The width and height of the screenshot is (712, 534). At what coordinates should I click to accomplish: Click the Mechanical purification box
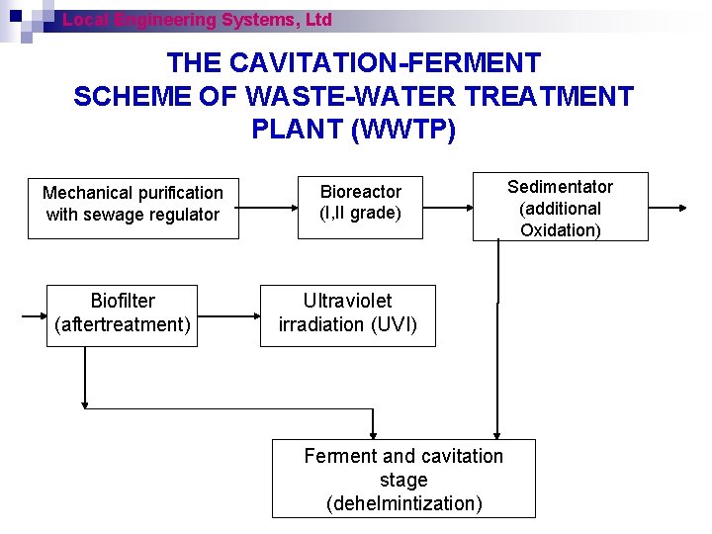tap(133, 204)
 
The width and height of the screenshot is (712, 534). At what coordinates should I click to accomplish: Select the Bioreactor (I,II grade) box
tap(360, 203)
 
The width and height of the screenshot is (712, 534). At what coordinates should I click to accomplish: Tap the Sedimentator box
tap(560, 208)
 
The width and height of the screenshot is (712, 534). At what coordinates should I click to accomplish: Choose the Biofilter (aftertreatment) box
tap(123, 312)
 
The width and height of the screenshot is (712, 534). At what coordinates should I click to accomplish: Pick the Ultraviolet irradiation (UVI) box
tap(347, 312)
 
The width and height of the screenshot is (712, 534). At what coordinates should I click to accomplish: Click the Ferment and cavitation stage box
tap(403, 480)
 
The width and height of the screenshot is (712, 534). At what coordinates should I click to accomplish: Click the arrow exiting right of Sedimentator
tap(668, 208)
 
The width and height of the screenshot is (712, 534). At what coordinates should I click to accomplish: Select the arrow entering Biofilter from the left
tap(35, 317)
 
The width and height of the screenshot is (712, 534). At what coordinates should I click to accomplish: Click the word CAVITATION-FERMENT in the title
tap(385, 63)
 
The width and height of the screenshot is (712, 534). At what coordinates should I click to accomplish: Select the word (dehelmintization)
tap(403, 503)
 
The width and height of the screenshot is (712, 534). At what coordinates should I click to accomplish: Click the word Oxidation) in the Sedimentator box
tap(561, 230)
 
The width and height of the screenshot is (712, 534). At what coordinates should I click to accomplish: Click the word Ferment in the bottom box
tap(340, 456)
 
